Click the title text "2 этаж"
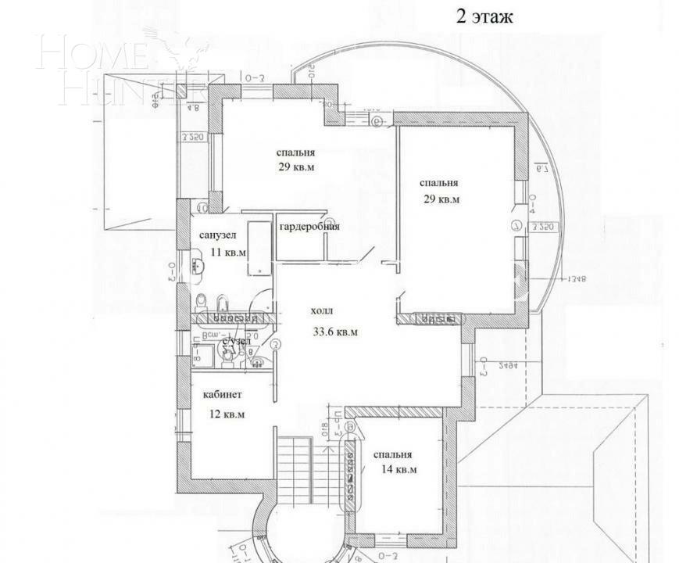484,17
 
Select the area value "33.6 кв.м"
335,332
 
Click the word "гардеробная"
309,227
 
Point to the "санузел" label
217,235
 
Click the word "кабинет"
222,395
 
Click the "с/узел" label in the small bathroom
236,342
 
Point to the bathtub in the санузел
259,248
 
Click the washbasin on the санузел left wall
192,265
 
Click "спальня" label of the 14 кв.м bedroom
392,454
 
